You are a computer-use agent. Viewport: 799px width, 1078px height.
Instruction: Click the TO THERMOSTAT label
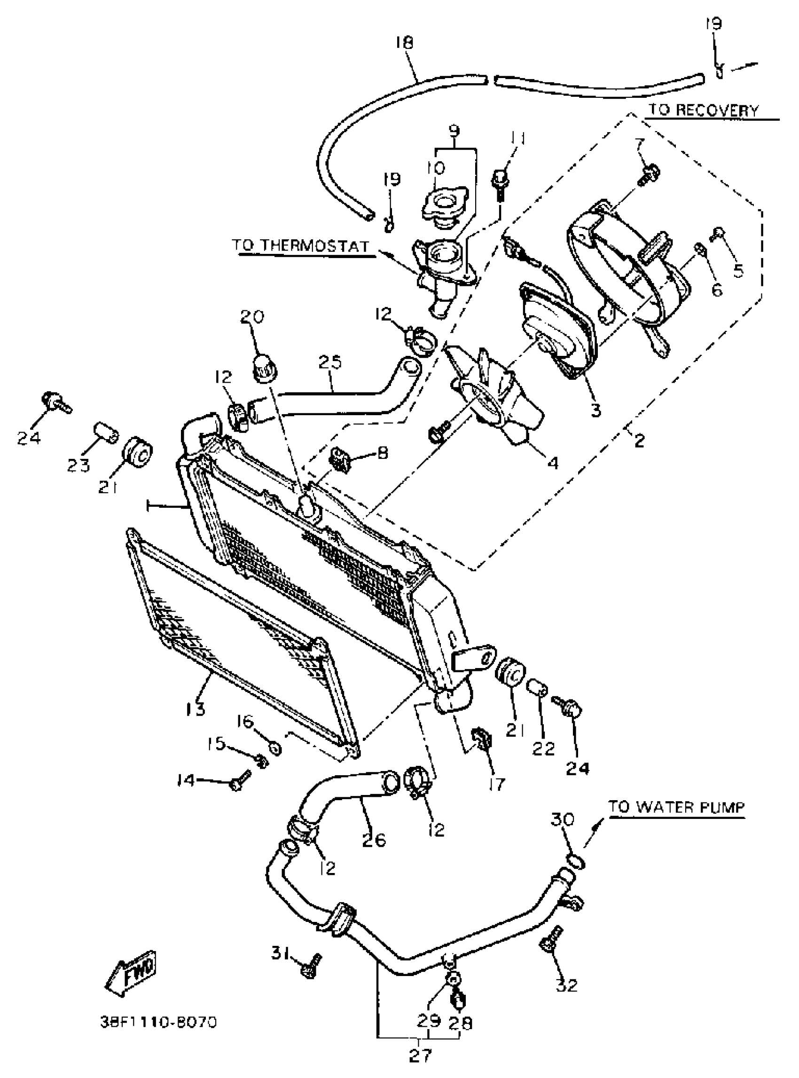[x=301, y=246]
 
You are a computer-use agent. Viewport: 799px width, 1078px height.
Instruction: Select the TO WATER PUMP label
[x=676, y=807]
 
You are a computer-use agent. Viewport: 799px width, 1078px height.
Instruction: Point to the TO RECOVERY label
[x=703, y=110]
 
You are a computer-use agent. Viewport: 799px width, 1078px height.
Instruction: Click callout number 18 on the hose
[x=404, y=43]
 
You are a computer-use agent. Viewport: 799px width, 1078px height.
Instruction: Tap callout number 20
[x=252, y=317]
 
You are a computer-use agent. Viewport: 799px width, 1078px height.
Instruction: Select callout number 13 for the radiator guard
[x=196, y=709]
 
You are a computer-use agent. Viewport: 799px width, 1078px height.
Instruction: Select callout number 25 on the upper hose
[x=331, y=362]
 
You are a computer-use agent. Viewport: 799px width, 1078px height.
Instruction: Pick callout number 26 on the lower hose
[x=374, y=839]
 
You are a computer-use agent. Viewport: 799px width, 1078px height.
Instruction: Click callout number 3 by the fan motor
[x=596, y=410]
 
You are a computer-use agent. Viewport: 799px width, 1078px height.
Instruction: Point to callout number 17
[x=497, y=783]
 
